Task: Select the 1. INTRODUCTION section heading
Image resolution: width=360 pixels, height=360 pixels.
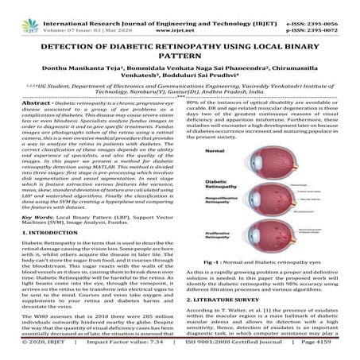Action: pos(39,230)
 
